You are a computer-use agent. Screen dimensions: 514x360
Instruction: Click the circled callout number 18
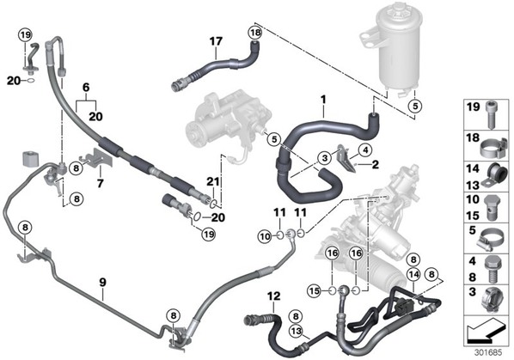255,33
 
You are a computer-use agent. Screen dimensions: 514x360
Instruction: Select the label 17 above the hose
216,41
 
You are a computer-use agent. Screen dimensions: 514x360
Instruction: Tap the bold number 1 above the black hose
323,100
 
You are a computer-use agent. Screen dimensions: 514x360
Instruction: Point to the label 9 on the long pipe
103,282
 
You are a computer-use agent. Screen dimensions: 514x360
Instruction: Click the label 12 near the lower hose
273,296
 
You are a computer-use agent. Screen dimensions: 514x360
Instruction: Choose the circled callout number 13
296,331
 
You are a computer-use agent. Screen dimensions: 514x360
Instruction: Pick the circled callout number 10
266,236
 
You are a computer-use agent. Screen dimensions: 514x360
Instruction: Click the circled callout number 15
314,290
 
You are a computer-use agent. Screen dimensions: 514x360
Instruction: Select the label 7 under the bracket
100,183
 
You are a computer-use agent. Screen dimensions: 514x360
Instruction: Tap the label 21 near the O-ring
212,182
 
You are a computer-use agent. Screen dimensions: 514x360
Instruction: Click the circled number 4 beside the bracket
365,150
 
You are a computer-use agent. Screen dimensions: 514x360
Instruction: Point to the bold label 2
375,164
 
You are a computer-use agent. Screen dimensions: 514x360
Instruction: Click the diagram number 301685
488,353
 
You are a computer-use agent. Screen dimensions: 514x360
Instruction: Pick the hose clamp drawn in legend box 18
494,148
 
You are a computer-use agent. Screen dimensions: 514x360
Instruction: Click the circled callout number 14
413,274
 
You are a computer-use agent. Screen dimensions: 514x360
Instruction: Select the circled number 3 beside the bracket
325,158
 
